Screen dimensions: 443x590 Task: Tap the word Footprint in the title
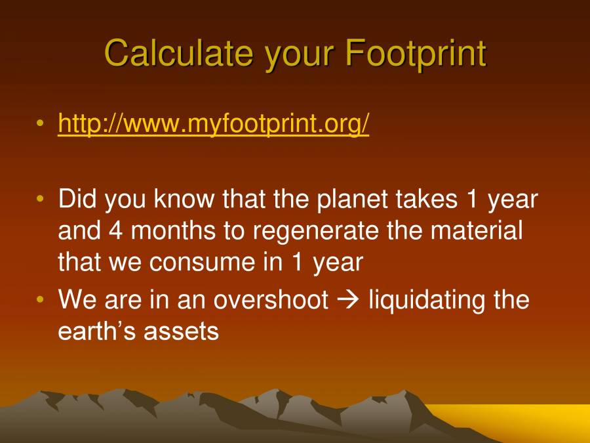[x=415, y=53]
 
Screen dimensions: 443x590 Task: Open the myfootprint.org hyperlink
[x=214, y=123]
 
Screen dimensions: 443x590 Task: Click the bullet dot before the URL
[x=41, y=123]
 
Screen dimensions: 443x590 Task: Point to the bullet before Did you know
[x=41, y=199]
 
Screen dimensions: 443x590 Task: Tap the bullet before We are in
[x=41, y=300]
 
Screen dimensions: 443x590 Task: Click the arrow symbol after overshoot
[x=348, y=301]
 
